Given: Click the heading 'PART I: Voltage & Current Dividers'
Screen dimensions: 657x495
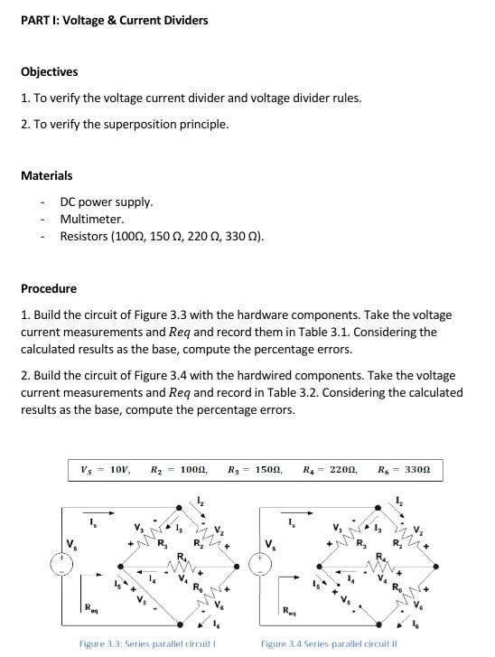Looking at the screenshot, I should (x=114, y=20).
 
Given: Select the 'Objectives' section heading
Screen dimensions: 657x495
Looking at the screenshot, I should (x=49, y=71).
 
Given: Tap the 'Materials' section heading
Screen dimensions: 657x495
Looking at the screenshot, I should (x=46, y=175).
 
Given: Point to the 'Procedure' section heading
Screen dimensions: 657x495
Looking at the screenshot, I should (x=49, y=288).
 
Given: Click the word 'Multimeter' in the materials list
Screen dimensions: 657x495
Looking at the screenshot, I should (x=91, y=219).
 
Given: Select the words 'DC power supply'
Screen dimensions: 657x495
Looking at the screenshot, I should (x=106, y=202).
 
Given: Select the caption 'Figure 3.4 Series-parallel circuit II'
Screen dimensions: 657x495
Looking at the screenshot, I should (x=328, y=643).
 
